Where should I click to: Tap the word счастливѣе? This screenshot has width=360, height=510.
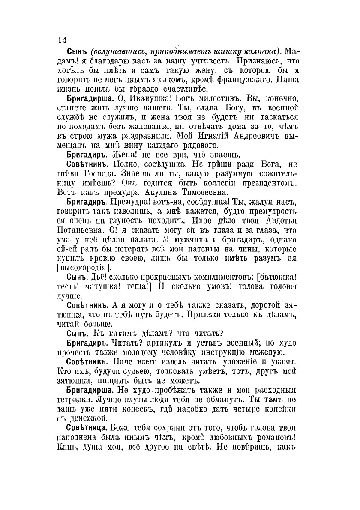point(182,89)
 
